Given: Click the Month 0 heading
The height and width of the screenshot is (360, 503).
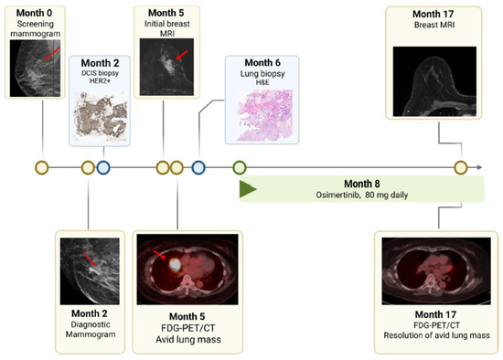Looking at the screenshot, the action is [34, 13].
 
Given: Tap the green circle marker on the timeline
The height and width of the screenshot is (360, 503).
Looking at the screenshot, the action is [240, 167].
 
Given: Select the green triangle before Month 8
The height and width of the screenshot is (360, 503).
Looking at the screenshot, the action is [248, 189].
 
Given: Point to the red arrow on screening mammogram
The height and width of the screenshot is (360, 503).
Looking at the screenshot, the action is [52, 53].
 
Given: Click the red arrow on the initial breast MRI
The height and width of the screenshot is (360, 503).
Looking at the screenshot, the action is [182, 56].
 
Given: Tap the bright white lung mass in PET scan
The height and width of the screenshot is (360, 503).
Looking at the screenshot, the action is [175, 264].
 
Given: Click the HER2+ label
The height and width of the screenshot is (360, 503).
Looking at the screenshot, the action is [100, 80].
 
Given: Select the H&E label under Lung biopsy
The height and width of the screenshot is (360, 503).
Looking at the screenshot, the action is [262, 82].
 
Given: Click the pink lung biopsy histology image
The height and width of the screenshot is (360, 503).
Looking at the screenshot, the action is [264, 115].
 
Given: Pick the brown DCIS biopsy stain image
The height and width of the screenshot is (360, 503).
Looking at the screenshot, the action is [101, 116].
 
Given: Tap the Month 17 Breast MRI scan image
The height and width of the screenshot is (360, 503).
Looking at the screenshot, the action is [434, 81].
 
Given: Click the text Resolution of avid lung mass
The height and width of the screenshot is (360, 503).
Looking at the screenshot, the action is [436, 335].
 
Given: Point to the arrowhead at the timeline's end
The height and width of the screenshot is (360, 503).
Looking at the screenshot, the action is [479, 167].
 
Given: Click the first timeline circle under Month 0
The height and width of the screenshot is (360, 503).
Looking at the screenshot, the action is [42, 167].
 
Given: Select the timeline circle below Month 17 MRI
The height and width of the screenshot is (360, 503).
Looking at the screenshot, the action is [461, 167].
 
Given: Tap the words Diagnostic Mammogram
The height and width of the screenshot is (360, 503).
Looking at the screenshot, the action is [91, 329].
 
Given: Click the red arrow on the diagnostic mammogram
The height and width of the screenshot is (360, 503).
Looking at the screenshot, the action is [90, 259].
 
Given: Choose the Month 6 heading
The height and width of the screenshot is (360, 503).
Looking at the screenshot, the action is [262, 62].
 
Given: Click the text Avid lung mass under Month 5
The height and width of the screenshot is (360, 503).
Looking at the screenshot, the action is [188, 340].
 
